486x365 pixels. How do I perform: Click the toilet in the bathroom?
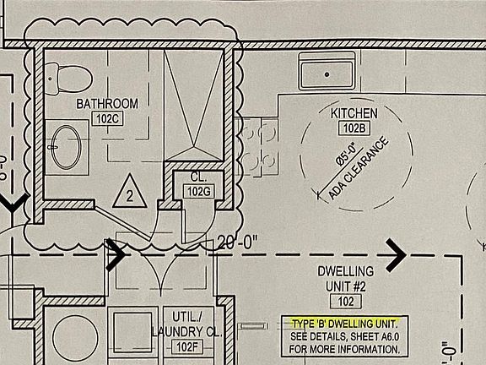pos(69,79)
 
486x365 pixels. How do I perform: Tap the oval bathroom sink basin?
pos(66,147)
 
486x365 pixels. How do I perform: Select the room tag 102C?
pos(107,119)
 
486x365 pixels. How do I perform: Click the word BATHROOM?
pos(107,104)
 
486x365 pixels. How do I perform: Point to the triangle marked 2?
pos(130,193)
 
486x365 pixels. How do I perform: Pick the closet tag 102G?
pos(198,192)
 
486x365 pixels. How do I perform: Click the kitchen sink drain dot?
pos(327,74)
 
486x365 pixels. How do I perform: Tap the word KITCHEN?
pos(354,113)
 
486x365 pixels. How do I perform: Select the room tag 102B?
pos(354,128)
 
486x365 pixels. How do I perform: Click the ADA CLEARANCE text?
pos(359,168)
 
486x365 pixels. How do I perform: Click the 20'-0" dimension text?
pos(237,242)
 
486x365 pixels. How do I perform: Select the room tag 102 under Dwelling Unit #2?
pos(346,302)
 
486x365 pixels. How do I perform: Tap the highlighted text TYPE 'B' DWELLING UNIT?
pos(344,324)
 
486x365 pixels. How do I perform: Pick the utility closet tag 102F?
pos(187,347)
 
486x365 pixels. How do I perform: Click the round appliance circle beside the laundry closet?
pos(75,338)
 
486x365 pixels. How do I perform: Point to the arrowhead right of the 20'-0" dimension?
pos(396,255)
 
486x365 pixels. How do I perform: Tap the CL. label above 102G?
pos(198,177)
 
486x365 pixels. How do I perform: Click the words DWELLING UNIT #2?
pos(346,279)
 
